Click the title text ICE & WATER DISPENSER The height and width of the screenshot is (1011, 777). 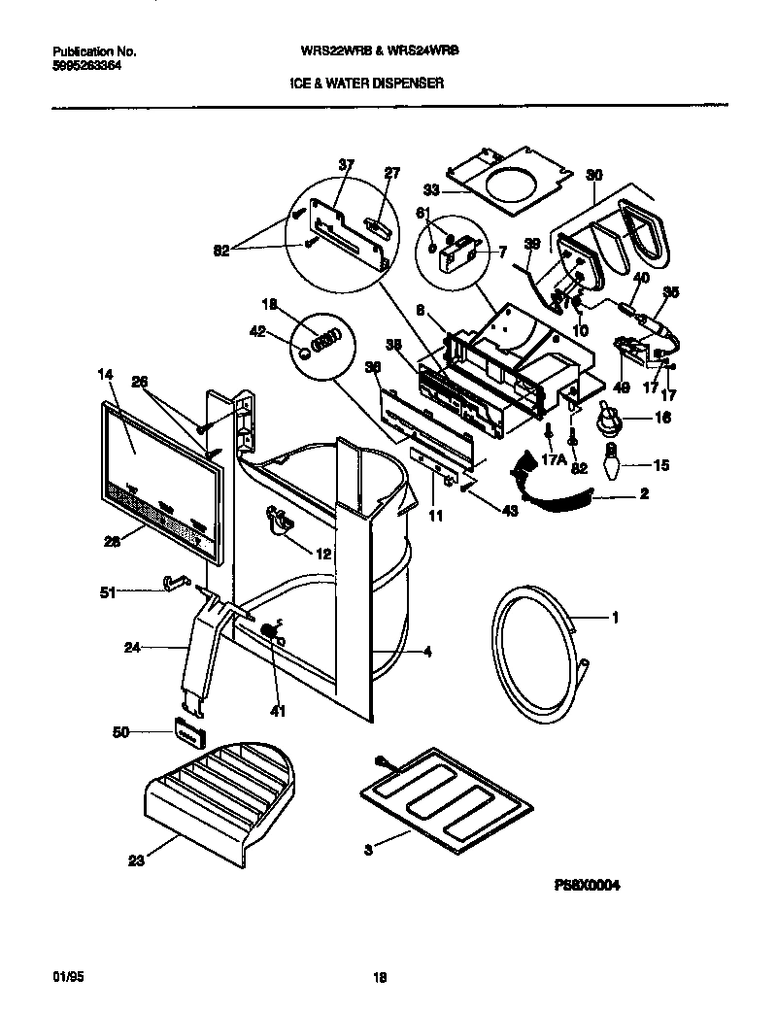pyautogui.click(x=366, y=84)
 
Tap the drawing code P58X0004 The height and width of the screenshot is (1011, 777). pyautogui.click(x=586, y=885)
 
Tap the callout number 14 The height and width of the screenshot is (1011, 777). pyautogui.click(x=106, y=373)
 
